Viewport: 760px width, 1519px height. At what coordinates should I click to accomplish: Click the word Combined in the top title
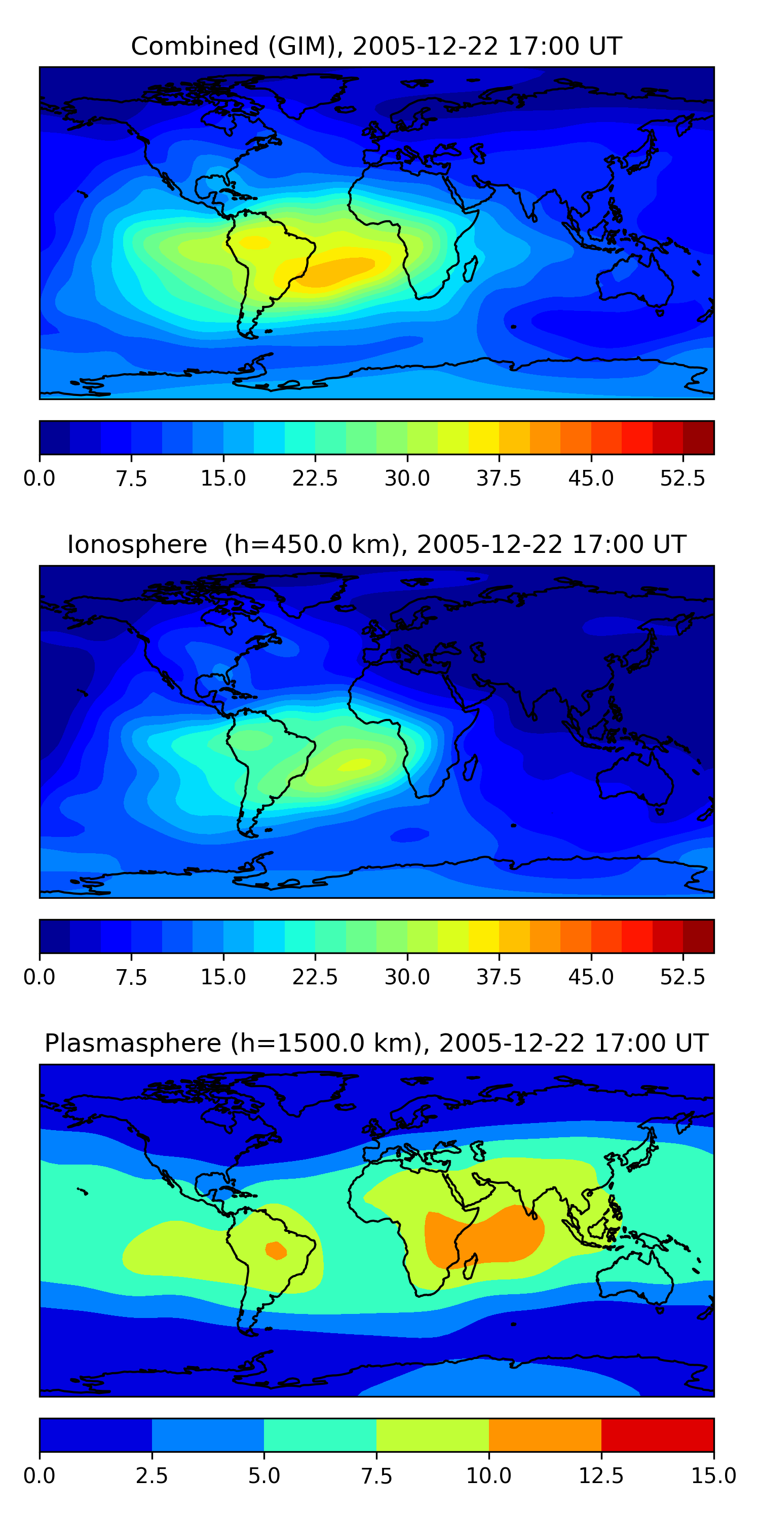[x=195, y=46]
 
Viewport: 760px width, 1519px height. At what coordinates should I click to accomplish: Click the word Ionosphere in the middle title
[x=137, y=544]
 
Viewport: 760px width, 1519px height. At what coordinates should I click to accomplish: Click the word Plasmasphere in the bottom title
[x=133, y=1044]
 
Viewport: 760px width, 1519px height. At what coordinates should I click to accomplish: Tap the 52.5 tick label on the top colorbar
[x=682, y=478]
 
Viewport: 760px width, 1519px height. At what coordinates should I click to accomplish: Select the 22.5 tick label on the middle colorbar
[x=315, y=977]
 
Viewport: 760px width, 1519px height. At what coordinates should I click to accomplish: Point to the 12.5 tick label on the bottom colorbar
[x=601, y=1476]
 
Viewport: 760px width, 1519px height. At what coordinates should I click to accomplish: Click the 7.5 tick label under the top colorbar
[x=131, y=478]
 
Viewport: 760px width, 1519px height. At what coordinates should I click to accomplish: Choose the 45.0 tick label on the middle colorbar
[x=591, y=977]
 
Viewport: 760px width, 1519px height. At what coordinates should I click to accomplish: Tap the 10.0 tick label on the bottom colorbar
[x=489, y=1476]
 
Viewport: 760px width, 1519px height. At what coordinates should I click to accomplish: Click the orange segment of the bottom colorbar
[x=545, y=1434]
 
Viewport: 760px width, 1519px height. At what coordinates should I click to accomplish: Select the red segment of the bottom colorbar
[x=657, y=1434]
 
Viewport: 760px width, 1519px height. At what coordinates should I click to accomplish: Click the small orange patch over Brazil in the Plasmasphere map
[x=276, y=1250]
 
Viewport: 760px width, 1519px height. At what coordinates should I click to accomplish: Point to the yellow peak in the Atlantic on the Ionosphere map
[x=355, y=764]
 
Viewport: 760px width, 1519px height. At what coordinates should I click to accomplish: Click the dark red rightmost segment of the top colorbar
[x=699, y=437]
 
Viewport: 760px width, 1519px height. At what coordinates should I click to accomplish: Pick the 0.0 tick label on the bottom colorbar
[x=40, y=1476]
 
